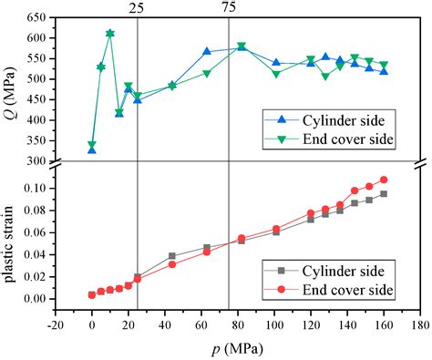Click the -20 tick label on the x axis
(x=56, y=325)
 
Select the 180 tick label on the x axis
(x=419, y=325)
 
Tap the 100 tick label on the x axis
(x=273, y=325)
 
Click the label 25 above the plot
(x=137, y=7)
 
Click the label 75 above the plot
(x=228, y=7)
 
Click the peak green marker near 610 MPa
(x=110, y=34)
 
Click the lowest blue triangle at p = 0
(x=92, y=149)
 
